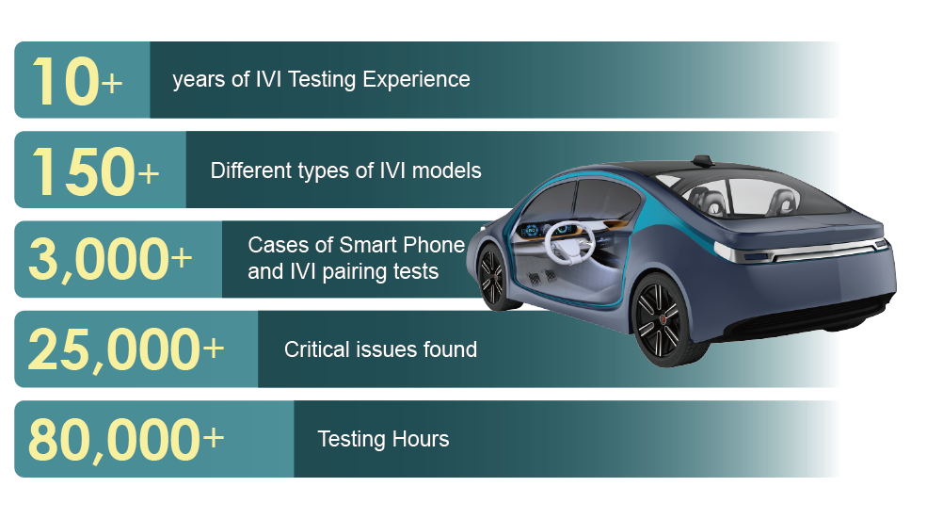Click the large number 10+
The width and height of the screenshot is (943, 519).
[77, 81]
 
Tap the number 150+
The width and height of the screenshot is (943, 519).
[95, 171]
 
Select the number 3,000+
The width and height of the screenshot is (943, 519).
[110, 260]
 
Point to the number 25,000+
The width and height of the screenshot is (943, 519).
[126, 349]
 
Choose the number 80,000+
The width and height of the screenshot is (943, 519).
[126, 440]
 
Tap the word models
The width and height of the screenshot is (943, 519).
[446, 170]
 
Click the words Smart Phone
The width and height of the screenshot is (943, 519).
[402, 245]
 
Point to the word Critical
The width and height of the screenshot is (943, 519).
[316, 349]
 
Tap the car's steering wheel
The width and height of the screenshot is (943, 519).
[569, 242]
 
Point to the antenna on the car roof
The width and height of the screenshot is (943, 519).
[702, 161]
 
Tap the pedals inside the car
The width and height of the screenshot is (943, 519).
[542, 276]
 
